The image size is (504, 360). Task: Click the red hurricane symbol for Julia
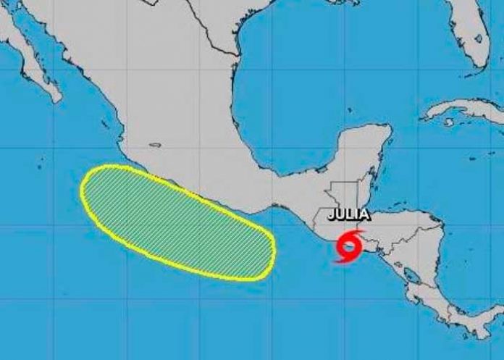click(349, 246)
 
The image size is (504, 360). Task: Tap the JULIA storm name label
click(349, 214)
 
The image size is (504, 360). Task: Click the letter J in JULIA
click(332, 214)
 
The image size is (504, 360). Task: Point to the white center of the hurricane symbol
click(349, 246)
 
